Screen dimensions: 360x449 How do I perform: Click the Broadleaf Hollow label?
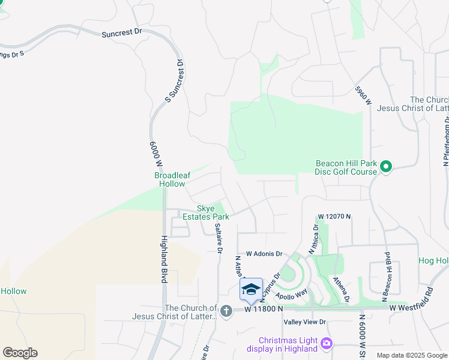[x=172, y=179]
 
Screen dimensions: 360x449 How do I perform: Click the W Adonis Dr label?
[x=259, y=254]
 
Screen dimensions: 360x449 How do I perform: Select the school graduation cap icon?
[x=251, y=290]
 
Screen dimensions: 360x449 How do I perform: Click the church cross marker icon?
[x=226, y=311]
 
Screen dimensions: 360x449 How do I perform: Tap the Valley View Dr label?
[x=304, y=322]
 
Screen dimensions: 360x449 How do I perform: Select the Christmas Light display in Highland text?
[x=288, y=344]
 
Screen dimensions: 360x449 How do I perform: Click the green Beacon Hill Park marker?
[x=386, y=166]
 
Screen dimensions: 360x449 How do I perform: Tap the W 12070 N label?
[x=334, y=216]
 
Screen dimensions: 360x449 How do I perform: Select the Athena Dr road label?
[x=342, y=289]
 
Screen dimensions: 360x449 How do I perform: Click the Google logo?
[x=20, y=353]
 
